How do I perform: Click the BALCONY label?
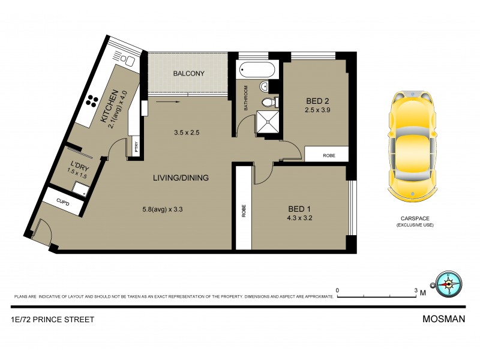[x=189, y=74]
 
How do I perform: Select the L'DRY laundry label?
[x=79, y=165]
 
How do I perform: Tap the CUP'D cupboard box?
[x=62, y=204]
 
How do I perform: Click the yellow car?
[x=413, y=148]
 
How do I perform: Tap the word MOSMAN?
[x=445, y=319]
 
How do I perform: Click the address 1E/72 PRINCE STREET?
[x=52, y=319]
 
